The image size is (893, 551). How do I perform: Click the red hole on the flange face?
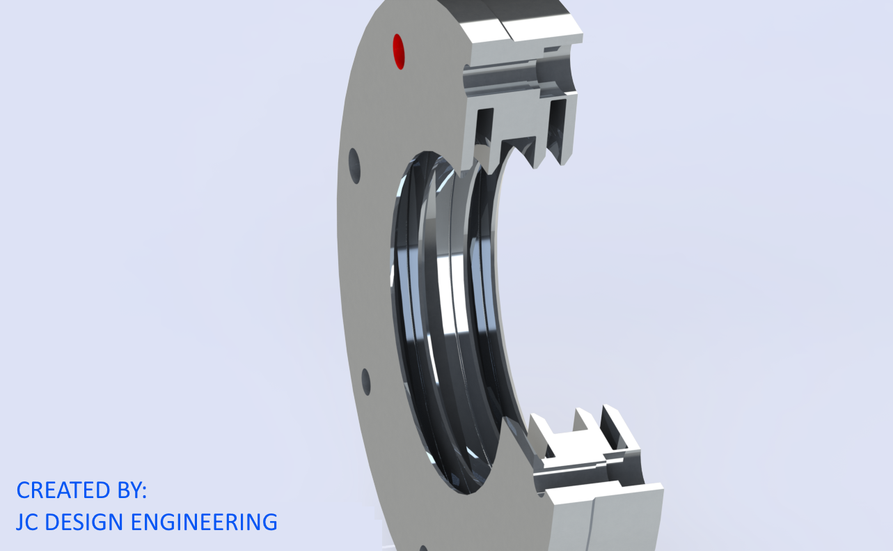[399, 52]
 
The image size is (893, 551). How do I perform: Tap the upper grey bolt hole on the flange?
[355, 166]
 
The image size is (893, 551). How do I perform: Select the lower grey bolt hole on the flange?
[366, 382]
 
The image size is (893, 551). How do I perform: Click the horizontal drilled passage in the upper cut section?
[508, 80]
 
